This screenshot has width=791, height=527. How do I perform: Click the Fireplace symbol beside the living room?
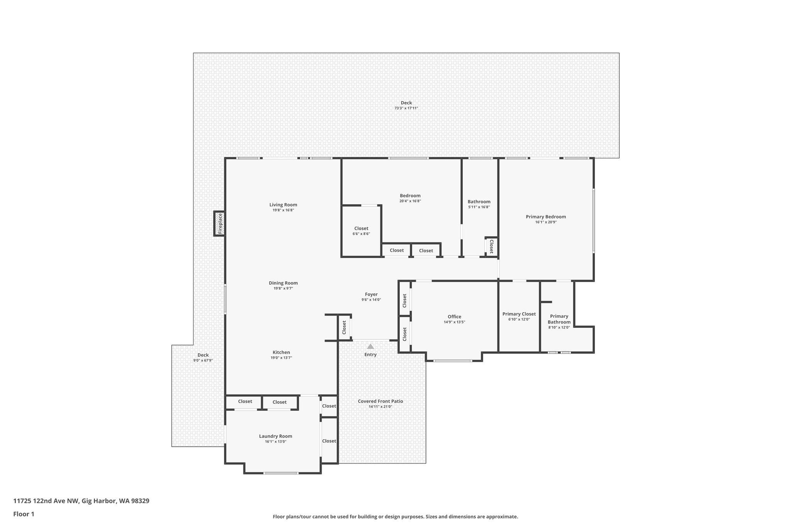tap(220, 224)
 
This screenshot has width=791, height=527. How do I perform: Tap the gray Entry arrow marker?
tap(370, 347)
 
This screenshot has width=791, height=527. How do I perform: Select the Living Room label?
tap(283, 205)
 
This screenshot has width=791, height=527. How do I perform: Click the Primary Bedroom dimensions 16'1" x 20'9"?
tap(546, 222)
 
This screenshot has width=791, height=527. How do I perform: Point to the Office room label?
tap(454, 317)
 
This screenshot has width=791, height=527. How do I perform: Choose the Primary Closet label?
tap(519, 314)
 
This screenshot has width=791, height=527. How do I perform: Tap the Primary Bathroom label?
tap(559, 319)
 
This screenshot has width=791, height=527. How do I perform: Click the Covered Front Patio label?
tap(380, 401)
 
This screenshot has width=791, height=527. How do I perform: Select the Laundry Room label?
tap(275, 436)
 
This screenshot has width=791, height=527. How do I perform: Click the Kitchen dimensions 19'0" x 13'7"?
tap(281, 358)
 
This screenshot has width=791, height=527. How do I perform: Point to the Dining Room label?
tap(283, 283)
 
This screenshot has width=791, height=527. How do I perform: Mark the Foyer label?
tap(371, 294)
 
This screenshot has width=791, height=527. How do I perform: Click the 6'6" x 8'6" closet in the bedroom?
tap(361, 231)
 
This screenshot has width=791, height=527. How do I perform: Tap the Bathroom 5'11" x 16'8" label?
tap(479, 204)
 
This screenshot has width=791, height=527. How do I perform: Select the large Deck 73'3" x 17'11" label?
tap(406, 105)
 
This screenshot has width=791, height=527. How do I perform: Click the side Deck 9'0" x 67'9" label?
tap(203, 358)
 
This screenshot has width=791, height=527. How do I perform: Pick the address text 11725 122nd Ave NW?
tap(81, 501)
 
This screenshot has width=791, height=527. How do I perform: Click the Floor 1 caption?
tap(24, 514)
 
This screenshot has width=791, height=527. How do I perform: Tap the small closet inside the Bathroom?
tap(491, 246)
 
